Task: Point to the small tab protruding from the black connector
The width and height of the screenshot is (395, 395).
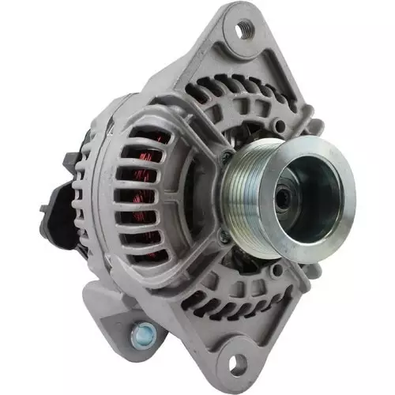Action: [44, 210]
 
